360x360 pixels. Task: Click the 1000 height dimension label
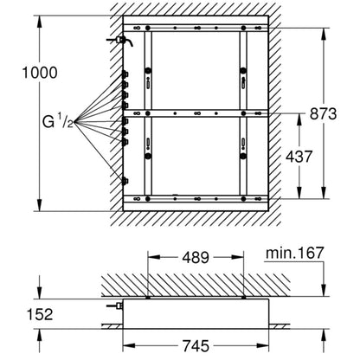[x=40, y=73]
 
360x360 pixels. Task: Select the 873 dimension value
[x=323, y=113]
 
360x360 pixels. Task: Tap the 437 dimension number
[x=299, y=157]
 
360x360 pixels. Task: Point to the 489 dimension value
[x=196, y=257]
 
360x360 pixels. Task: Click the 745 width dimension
[x=196, y=345]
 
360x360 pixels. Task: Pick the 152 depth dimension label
[x=40, y=314]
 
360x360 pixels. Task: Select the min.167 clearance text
[x=294, y=253]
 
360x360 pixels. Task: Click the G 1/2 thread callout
[x=58, y=122]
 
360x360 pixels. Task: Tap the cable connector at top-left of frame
[x=119, y=40]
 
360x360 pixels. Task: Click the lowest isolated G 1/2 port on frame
[x=125, y=182]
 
